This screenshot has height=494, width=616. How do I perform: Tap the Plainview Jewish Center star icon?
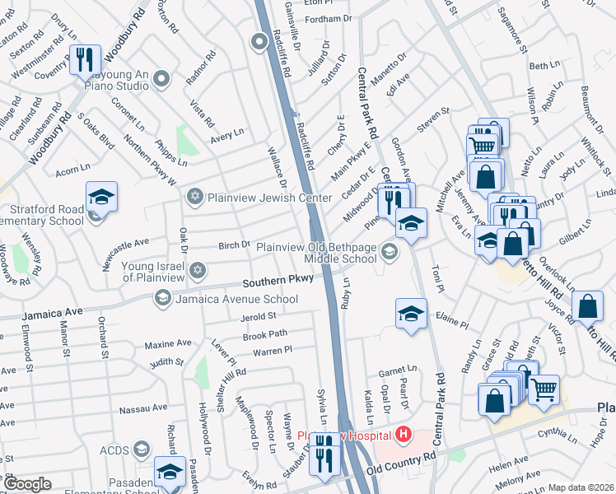click(x=194, y=195)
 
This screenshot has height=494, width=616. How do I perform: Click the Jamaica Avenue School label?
click(x=236, y=300)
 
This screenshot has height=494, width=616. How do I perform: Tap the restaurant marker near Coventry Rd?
click(x=86, y=60)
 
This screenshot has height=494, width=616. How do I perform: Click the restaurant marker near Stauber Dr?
click(x=325, y=452)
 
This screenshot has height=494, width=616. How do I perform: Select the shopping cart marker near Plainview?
click(x=544, y=390)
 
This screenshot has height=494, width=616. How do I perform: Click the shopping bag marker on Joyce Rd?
click(x=587, y=305)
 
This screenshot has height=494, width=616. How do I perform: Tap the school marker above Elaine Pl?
click(x=411, y=313)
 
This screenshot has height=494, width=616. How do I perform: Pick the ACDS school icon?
click(x=141, y=448)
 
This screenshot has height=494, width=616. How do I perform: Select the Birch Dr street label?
click(x=234, y=245)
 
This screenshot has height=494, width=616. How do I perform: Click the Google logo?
click(x=28, y=484)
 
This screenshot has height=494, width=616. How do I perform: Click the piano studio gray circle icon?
click(x=161, y=79)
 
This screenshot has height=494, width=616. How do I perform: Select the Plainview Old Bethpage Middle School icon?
click(x=390, y=253)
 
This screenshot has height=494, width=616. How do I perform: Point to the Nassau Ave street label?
click(x=143, y=408)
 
